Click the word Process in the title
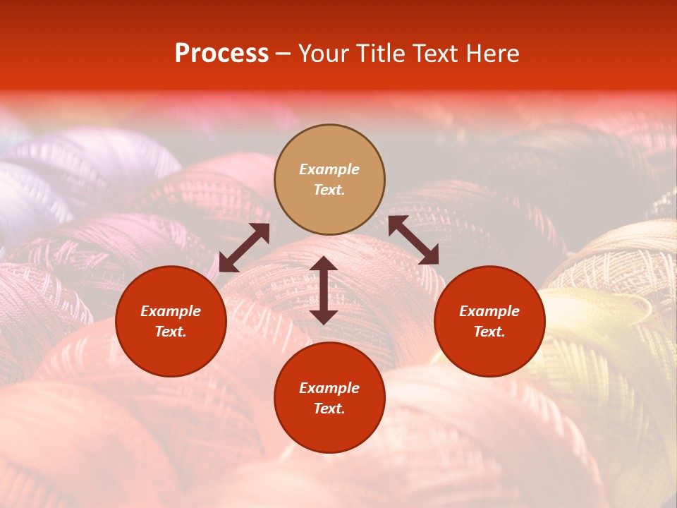click(x=221, y=54)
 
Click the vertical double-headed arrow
click(x=324, y=290)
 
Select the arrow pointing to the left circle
click(x=244, y=248)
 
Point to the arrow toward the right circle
click(x=413, y=240)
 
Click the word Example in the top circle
click(x=329, y=169)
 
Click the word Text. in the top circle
click(x=329, y=190)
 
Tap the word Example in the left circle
click(x=171, y=311)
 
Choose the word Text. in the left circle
click(x=171, y=332)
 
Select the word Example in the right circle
click(x=489, y=311)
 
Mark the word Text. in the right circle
click(x=489, y=332)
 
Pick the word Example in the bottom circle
click(x=329, y=388)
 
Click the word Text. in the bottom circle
click(x=329, y=409)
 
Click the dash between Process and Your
click(x=283, y=54)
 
